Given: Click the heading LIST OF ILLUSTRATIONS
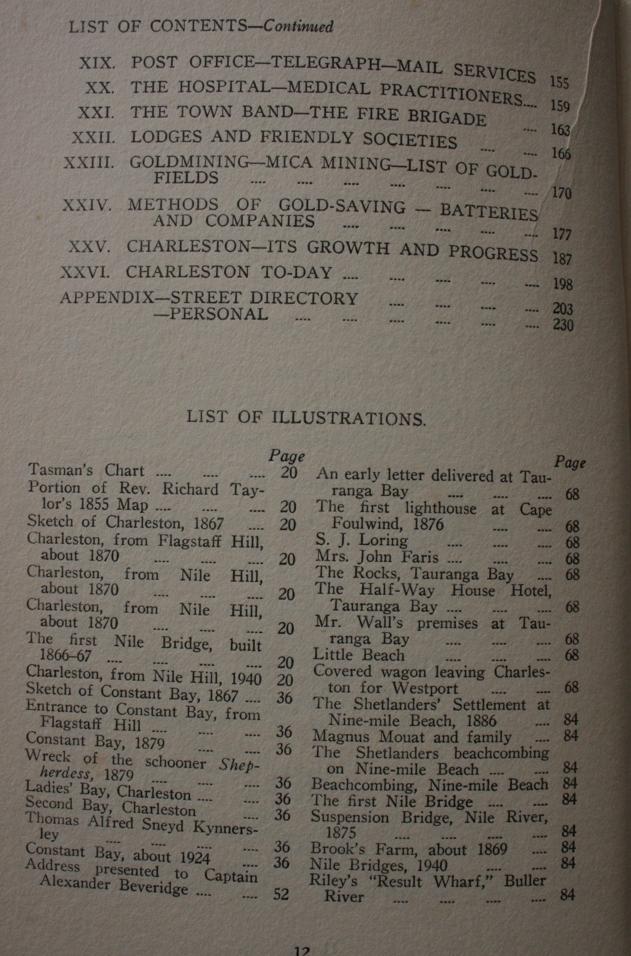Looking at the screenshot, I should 306,418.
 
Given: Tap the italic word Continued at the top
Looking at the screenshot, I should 298,26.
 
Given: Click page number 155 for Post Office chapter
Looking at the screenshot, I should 559,83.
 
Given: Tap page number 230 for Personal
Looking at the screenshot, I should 563,326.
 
